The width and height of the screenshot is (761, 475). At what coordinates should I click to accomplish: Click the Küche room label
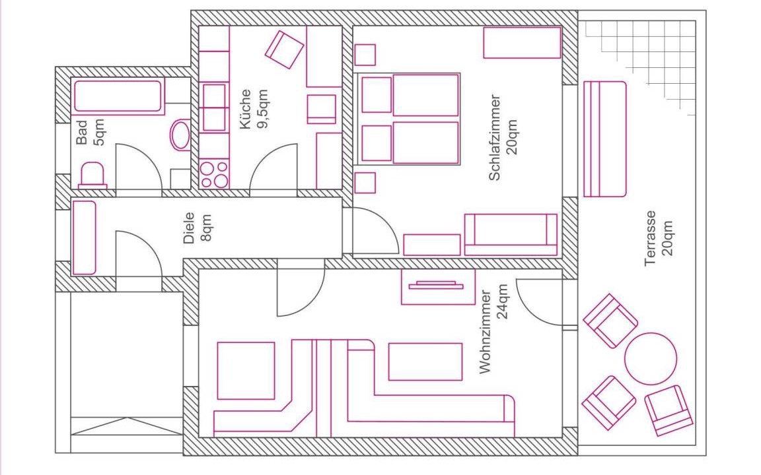246,109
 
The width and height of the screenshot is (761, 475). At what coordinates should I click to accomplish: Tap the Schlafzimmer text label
495,138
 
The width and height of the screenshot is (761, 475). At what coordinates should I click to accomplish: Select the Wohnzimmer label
486,332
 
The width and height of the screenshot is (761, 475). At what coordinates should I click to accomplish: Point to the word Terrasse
650,238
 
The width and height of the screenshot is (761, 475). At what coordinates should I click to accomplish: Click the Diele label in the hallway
189,228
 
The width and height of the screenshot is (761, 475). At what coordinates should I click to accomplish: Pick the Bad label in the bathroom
82,133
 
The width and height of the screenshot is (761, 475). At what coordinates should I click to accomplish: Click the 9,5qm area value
262,109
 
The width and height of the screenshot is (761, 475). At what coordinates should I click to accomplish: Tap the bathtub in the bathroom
118,97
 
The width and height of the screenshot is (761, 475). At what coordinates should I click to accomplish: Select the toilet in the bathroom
92,175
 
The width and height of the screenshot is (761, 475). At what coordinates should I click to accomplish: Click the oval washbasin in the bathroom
180,135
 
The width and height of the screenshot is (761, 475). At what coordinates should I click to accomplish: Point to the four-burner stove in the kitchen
214,174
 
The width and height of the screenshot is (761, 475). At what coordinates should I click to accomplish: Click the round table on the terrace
650,359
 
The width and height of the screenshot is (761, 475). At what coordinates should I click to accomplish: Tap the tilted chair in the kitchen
285,49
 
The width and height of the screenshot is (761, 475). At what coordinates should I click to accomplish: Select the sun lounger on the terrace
604,139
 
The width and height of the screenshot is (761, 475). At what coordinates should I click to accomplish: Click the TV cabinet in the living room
438,287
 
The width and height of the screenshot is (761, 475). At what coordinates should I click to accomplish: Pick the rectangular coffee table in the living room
425,362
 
